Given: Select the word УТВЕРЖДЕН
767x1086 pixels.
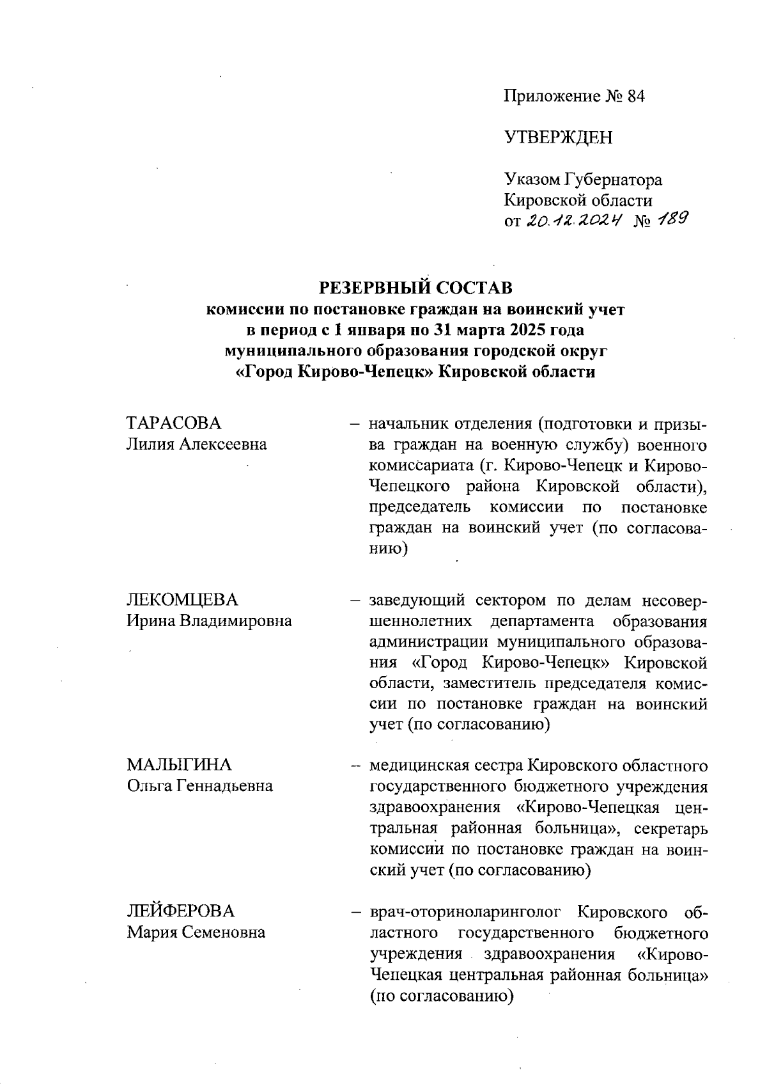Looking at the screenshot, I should (558, 138).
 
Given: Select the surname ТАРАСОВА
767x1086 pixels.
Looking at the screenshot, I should (174, 423).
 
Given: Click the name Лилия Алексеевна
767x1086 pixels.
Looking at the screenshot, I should (197, 444).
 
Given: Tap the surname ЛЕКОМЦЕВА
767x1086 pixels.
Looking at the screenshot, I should (182, 600).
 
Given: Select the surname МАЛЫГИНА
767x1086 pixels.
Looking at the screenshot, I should (179, 765).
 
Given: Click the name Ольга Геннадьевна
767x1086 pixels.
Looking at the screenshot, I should (199, 785).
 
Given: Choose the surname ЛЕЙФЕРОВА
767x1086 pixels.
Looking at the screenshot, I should (181, 911).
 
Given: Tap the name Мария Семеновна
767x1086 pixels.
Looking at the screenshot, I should (196, 932).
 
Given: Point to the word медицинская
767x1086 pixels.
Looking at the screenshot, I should (419, 765).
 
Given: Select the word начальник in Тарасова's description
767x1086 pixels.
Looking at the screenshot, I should (408, 423).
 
